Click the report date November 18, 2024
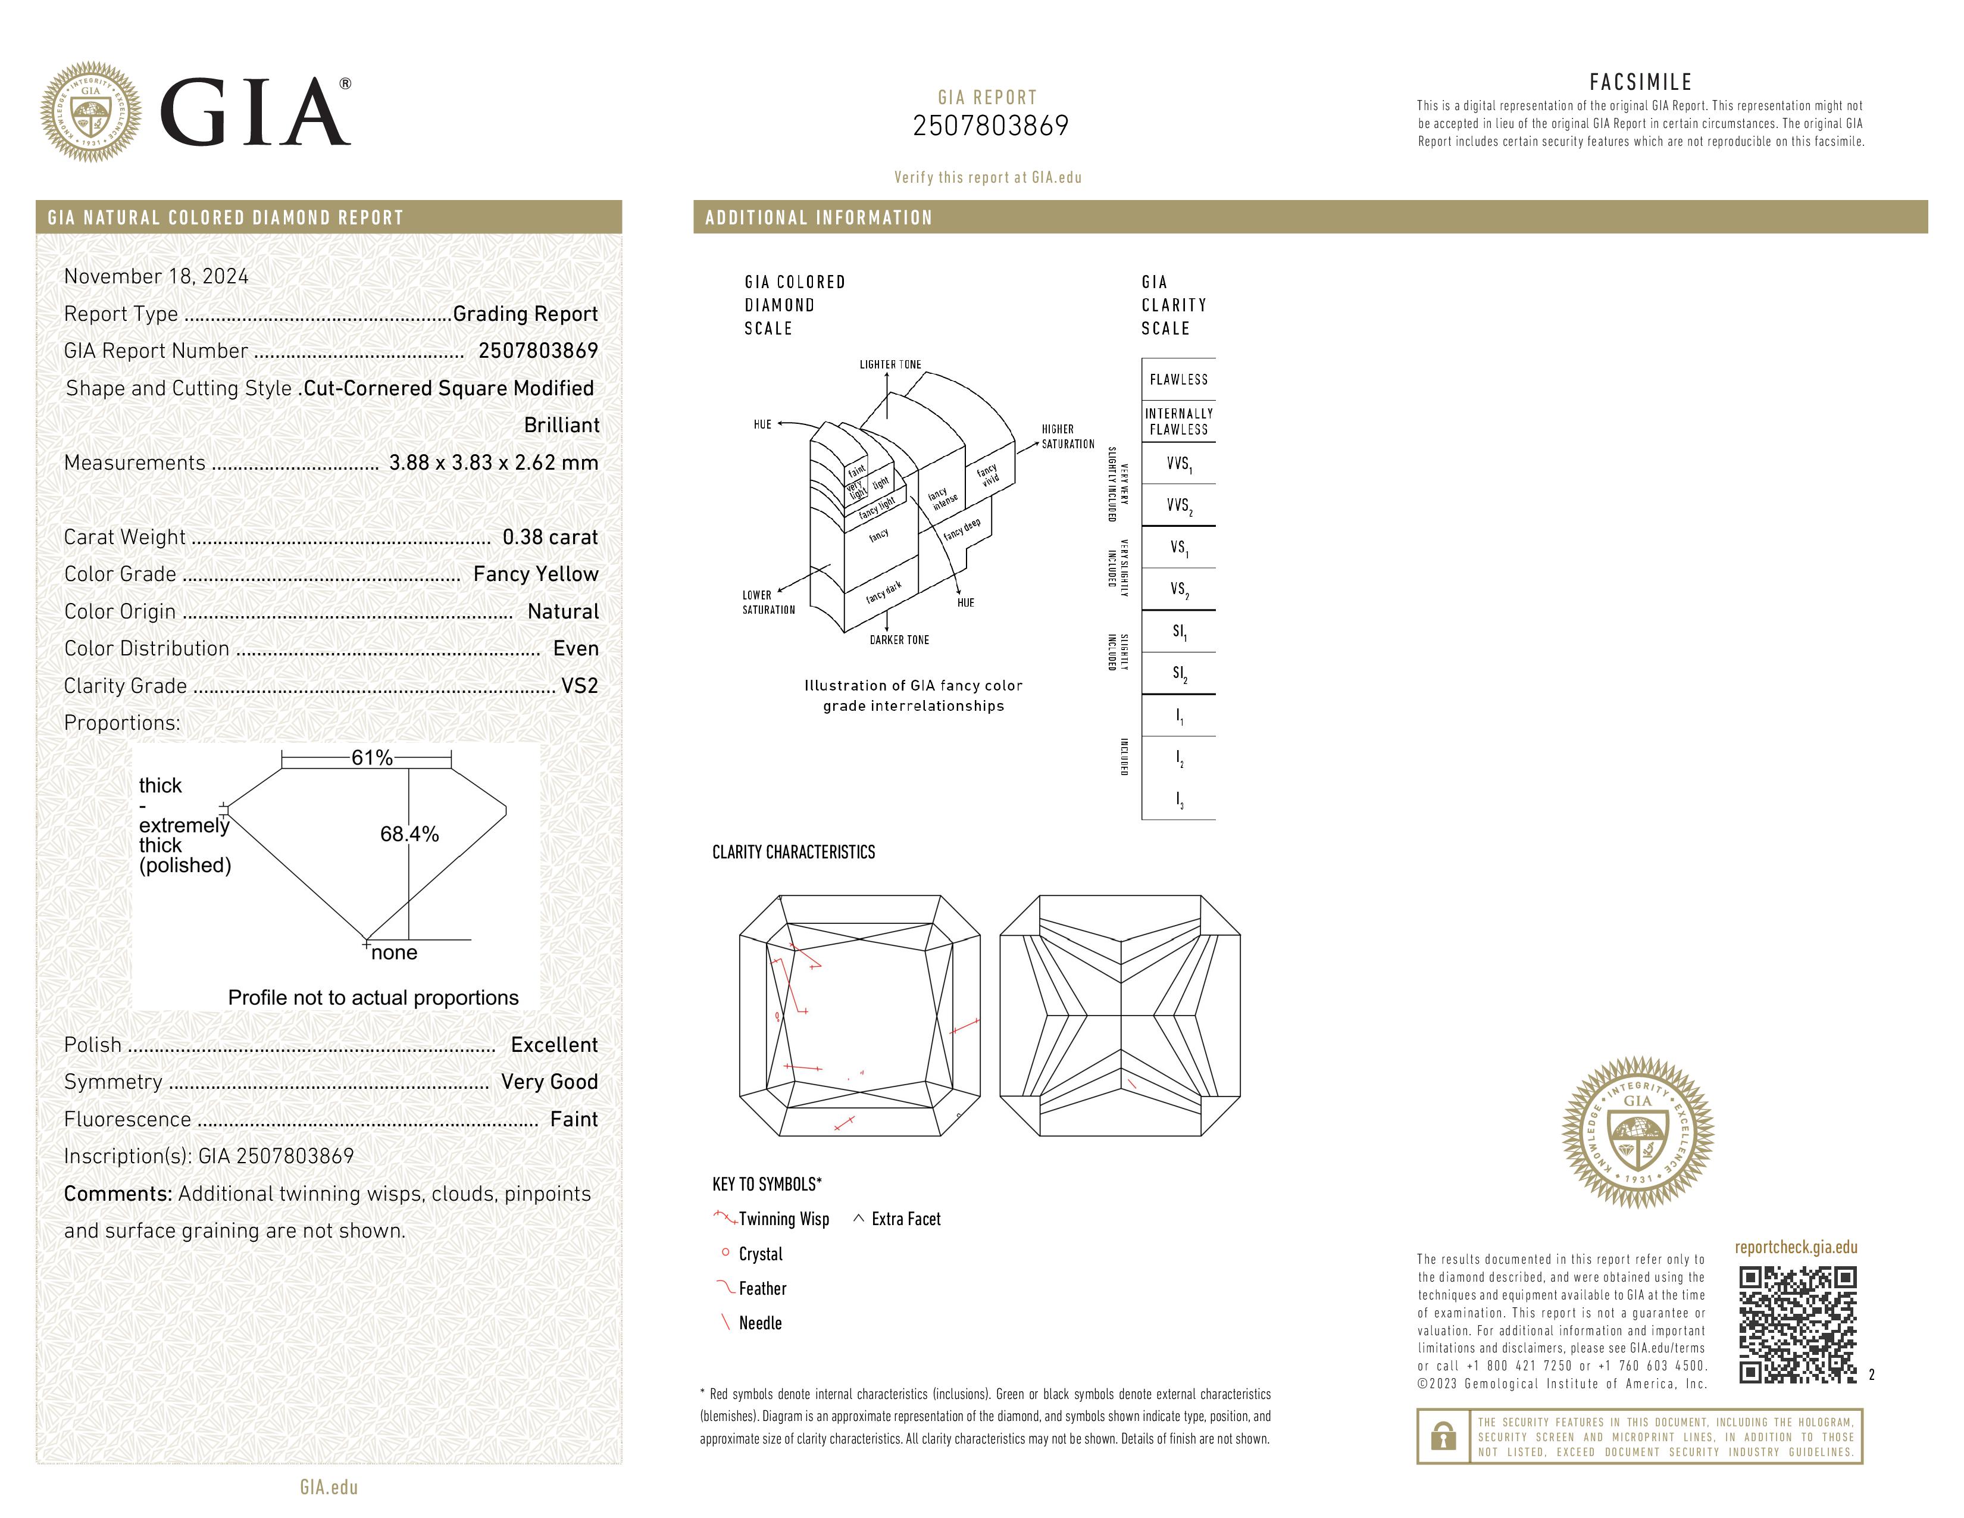point(157,276)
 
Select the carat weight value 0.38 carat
point(549,537)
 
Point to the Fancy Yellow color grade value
point(536,574)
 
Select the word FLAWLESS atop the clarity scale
point(1178,380)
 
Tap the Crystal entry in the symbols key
point(760,1254)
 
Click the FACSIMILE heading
point(1640,82)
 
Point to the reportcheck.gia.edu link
point(1795,1247)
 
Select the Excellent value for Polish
point(554,1044)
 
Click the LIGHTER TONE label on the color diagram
point(890,364)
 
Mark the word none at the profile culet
point(394,952)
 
